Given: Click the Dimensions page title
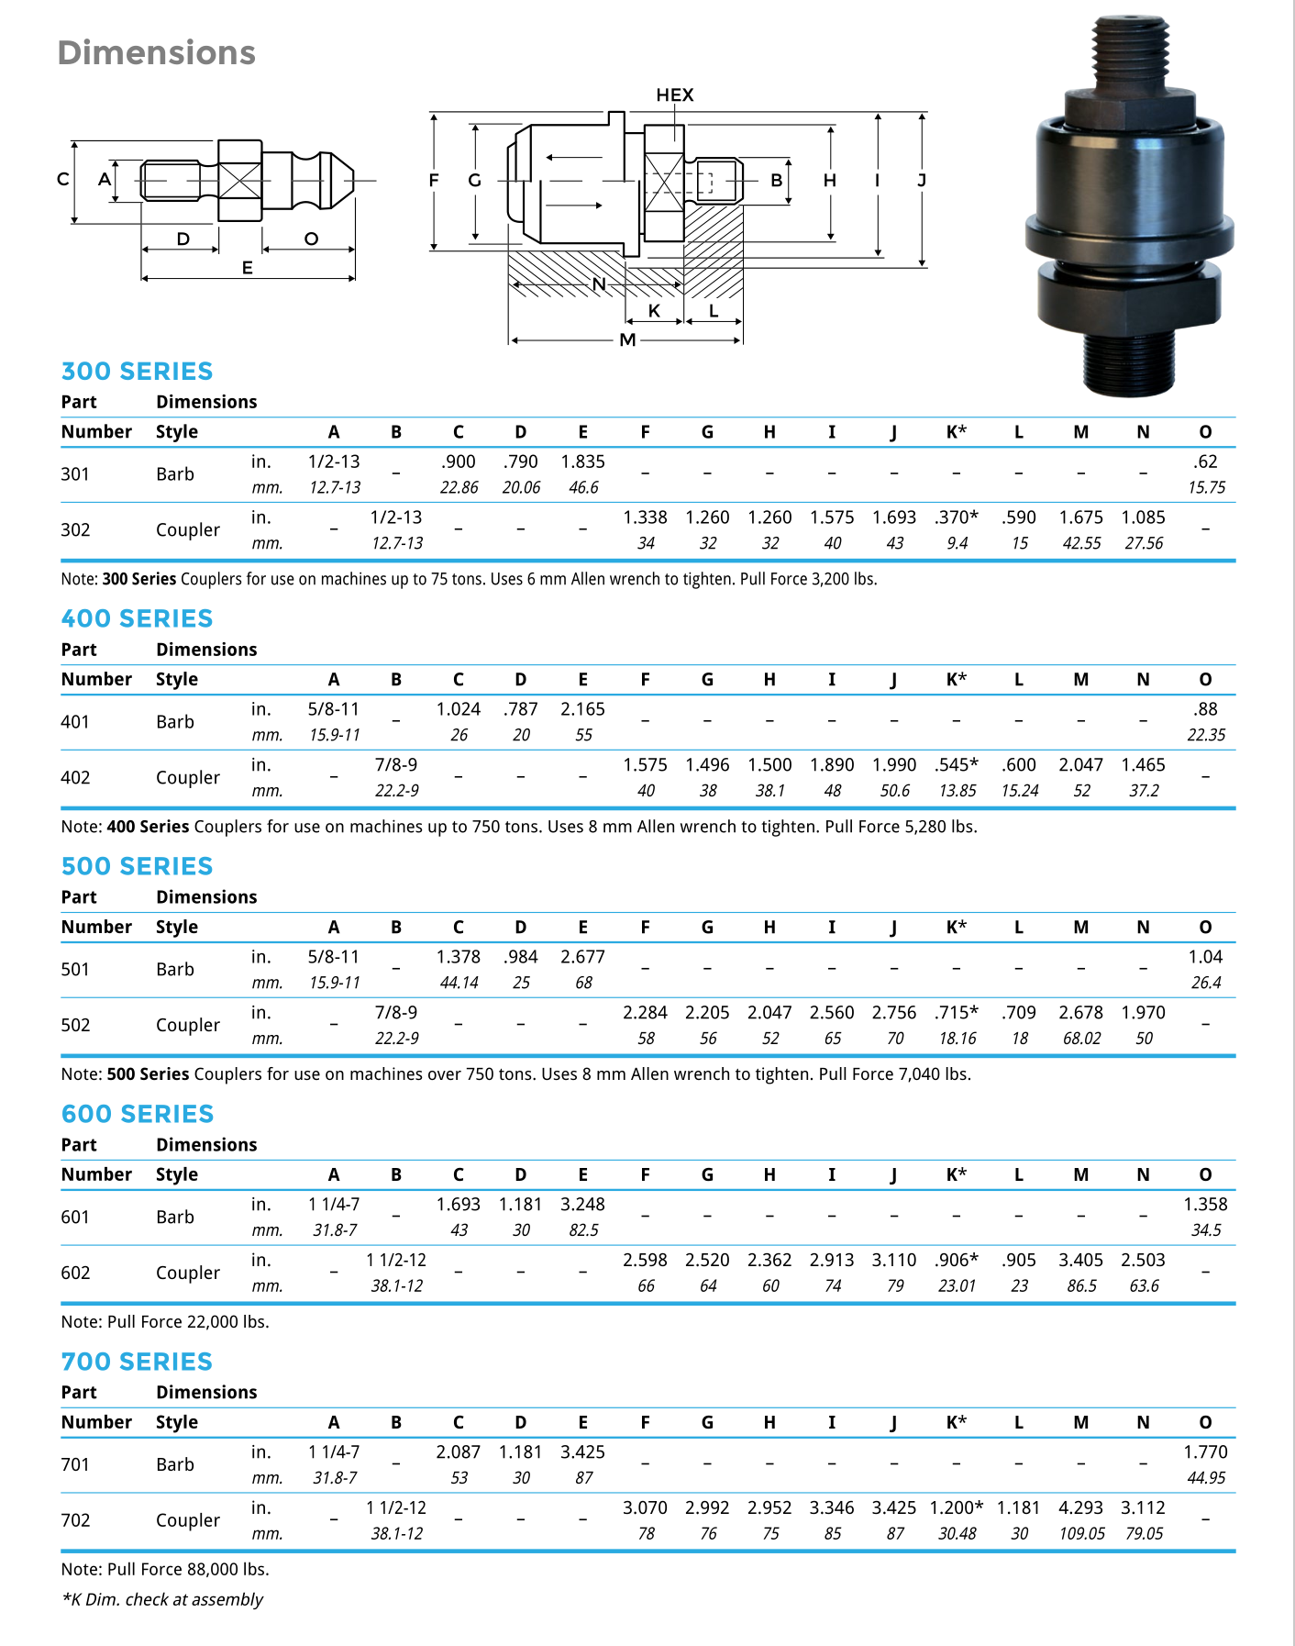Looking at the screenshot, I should coord(156,53).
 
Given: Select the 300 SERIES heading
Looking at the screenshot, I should coord(137,372).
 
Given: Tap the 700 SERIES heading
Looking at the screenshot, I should coord(137,1362).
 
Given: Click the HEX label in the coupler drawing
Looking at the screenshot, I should coord(674,95).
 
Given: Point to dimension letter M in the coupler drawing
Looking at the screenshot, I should coord(627,340).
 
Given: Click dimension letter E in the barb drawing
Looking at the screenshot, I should coord(247,268).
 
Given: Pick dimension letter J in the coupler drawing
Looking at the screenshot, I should coord(922,181).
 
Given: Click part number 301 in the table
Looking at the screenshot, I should coord(75,474).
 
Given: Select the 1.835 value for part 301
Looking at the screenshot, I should coord(583,462).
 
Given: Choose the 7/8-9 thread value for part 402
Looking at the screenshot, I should coord(396,765).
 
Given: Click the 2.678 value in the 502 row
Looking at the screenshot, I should coord(1081,1013).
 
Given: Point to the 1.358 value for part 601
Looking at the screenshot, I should coord(1205,1205).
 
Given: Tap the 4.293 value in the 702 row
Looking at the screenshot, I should coord(1081,1508).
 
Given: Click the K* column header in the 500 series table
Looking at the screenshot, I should coord(956,928).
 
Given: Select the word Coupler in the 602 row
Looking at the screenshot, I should coord(188,1273).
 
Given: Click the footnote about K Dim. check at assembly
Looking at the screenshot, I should coord(162,1600).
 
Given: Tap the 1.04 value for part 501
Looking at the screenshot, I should coord(1205,958).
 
